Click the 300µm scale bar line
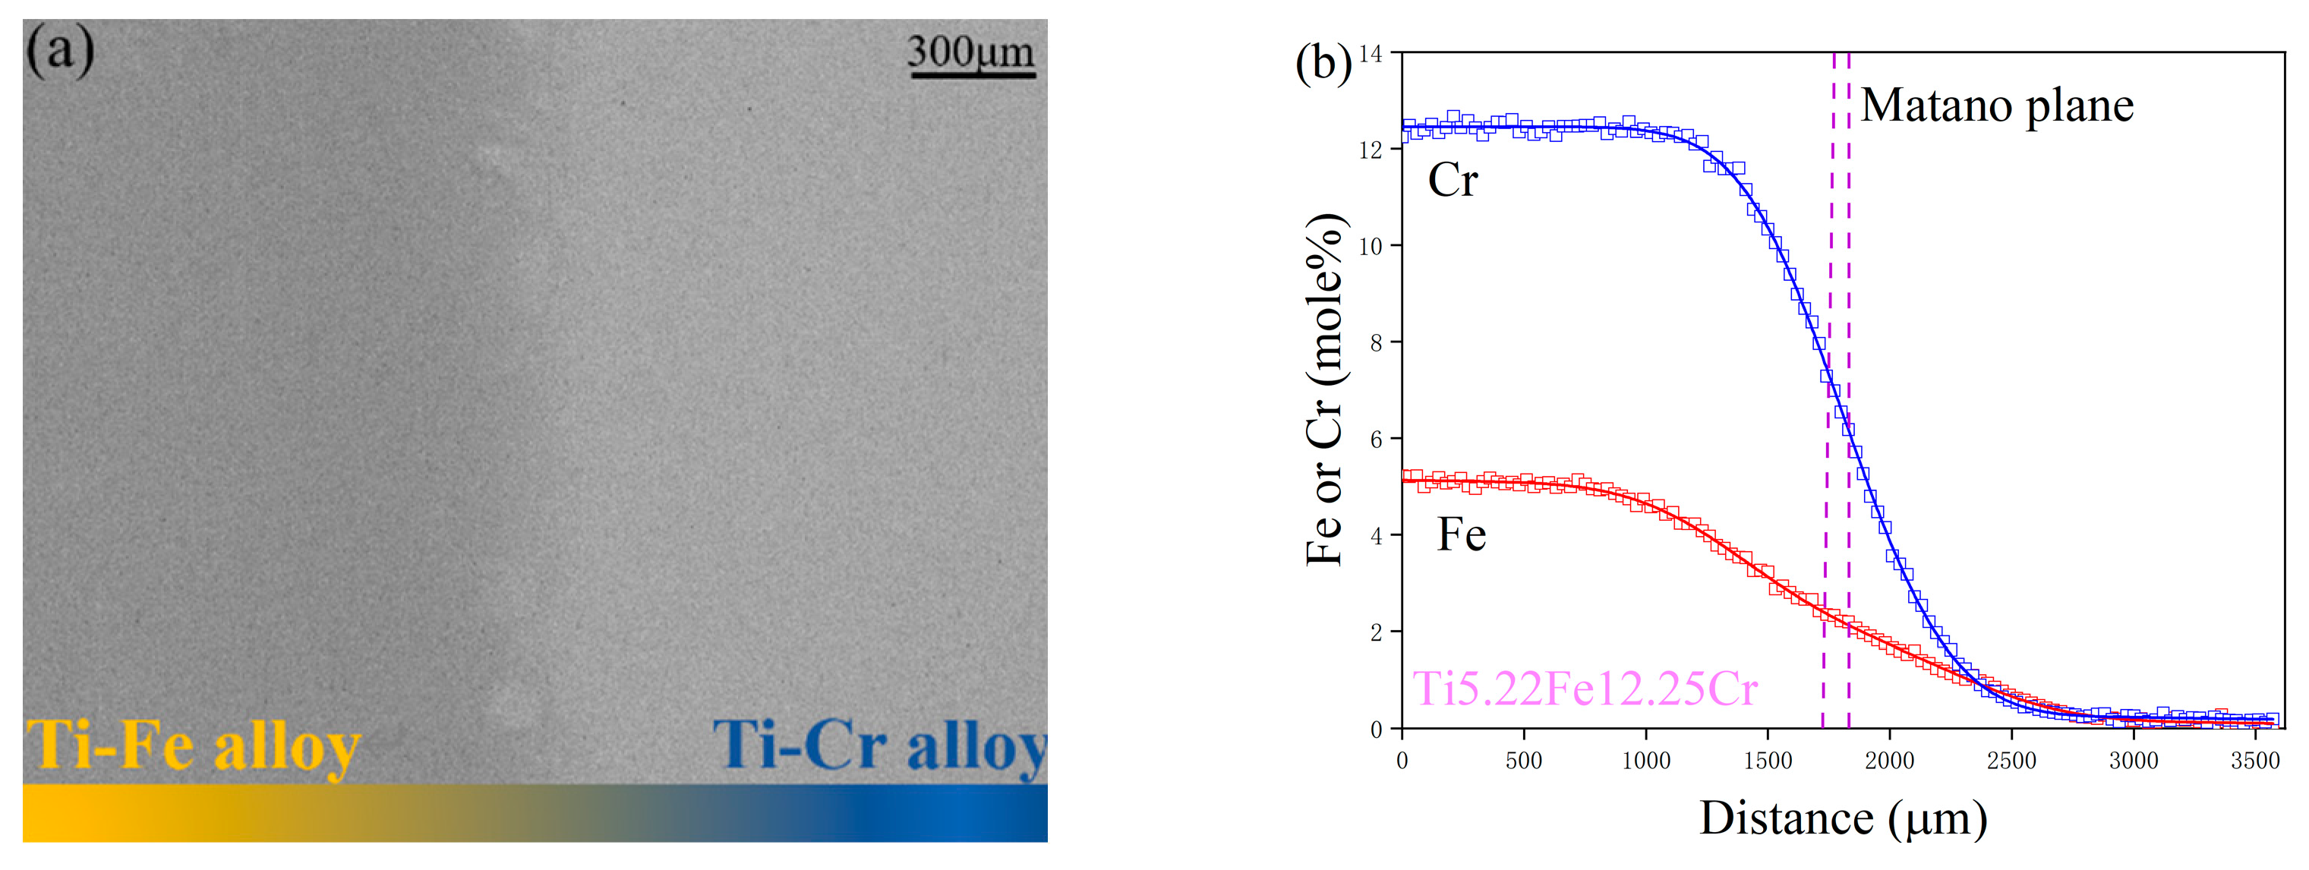pos(973,75)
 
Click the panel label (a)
pos(60,51)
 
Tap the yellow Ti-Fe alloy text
pos(194,746)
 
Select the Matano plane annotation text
pos(1997,106)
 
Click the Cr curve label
pos(1452,180)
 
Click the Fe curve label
pos(1461,535)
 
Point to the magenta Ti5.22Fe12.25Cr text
pos(1585,689)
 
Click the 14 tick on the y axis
pos(1371,54)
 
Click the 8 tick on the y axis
pos(1376,343)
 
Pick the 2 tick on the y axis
pos(1376,632)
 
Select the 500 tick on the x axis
pos(1524,761)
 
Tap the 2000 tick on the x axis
pos(1890,761)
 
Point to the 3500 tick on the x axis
pos(2255,761)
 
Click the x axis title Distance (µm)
pos(1843,819)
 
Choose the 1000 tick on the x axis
pos(1645,761)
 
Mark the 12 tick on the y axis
pos(1371,150)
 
